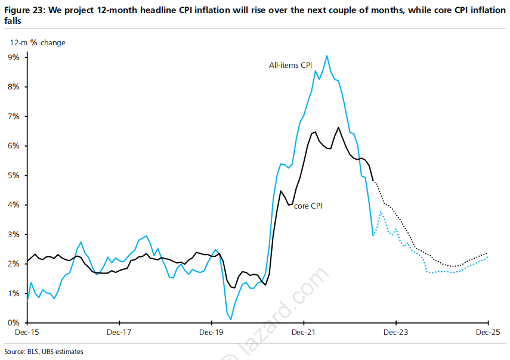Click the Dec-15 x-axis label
pyautogui.click(x=27, y=333)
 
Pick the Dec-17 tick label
pyautogui.click(x=119, y=333)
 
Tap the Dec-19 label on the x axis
pyautogui.click(x=212, y=333)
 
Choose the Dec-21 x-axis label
pyautogui.click(x=304, y=333)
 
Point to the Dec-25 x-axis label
pyautogui.click(x=487, y=333)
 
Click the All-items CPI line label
pyautogui.click(x=290, y=64)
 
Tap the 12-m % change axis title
pyautogui.click(x=37, y=42)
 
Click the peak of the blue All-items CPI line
pyautogui.click(x=326, y=55)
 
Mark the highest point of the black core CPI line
pyautogui.click(x=339, y=127)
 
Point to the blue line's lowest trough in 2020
pyautogui.click(x=230, y=319)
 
